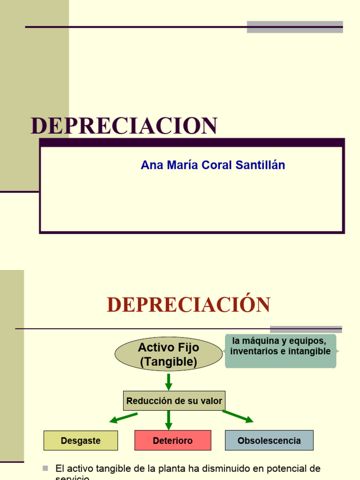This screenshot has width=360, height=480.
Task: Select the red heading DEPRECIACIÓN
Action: tap(188, 305)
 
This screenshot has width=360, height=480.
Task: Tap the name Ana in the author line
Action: tap(151, 165)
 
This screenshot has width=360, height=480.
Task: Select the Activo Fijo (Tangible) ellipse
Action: tap(168, 354)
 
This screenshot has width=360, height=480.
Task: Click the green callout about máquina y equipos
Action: tap(280, 351)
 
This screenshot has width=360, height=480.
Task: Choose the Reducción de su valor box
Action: tap(174, 401)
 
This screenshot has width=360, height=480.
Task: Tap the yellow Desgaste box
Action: tap(81, 441)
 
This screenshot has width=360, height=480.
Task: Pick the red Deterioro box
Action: tap(172, 441)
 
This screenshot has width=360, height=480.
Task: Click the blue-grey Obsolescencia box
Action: tap(269, 441)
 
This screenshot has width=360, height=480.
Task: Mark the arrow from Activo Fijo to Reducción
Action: tap(169, 381)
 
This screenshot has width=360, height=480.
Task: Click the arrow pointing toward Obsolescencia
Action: tap(238, 416)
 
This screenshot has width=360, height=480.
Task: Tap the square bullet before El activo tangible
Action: tap(45, 468)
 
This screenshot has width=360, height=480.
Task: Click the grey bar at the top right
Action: tap(295, 27)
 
